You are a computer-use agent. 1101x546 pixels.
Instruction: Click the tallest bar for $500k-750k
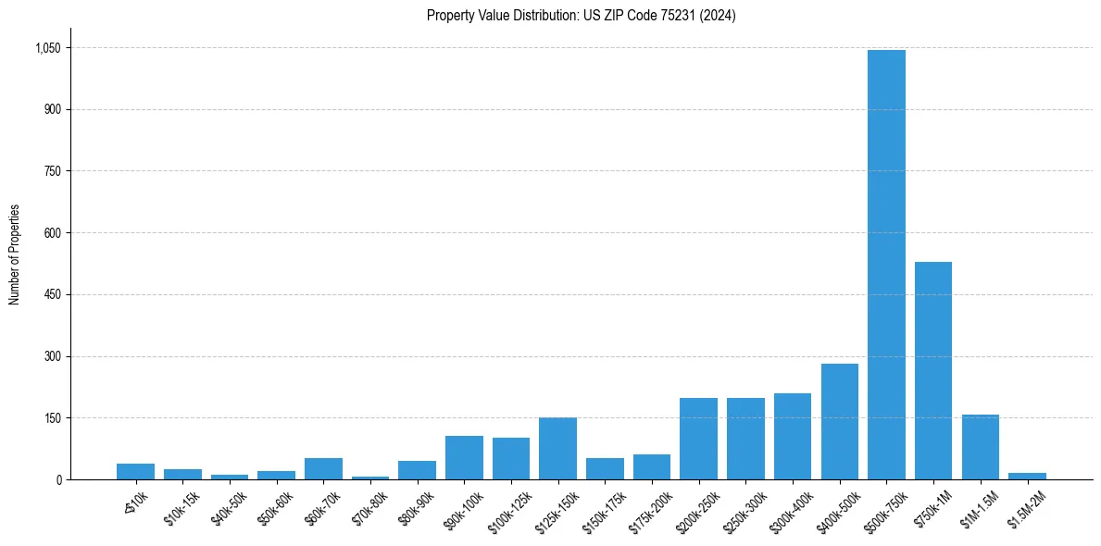(x=886, y=265)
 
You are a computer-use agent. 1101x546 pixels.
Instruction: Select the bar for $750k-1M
(x=932, y=370)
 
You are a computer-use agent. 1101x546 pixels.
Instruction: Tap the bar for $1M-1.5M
(x=980, y=447)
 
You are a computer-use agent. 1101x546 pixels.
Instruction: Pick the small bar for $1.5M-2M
(x=1027, y=476)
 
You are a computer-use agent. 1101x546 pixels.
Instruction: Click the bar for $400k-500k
(x=839, y=421)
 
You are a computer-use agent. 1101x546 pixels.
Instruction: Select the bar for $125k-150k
(x=557, y=448)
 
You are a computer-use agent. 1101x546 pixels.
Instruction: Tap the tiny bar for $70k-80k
(x=370, y=478)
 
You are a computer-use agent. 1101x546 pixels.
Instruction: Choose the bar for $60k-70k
(x=323, y=468)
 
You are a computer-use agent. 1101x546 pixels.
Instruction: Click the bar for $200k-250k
(x=698, y=439)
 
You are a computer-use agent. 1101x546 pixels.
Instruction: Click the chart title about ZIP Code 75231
(x=581, y=16)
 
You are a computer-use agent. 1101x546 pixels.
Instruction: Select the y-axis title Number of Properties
(x=15, y=254)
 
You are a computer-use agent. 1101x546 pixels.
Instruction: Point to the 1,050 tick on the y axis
(x=47, y=48)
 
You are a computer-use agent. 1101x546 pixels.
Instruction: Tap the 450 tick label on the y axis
(x=52, y=295)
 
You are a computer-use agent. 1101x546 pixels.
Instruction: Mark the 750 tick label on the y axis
(x=52, y=171)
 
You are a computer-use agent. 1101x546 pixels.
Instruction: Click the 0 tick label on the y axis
(x=58, y=480)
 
